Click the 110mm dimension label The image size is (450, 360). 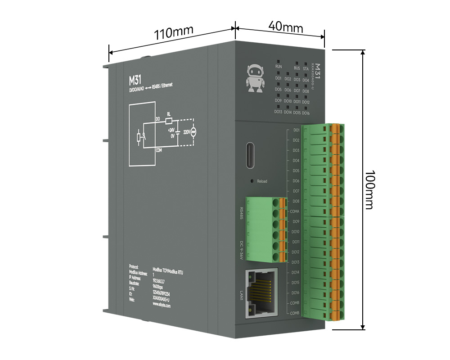click(x=174, y=33)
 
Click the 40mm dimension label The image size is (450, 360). click(x=285, y=26)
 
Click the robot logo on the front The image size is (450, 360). click(x=255, y=77)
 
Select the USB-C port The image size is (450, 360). click(x=251, y=155)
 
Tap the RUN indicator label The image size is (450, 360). click(x=279, y=67)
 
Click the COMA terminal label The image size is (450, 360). click(x=295, y=211)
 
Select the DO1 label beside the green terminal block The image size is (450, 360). click(x=296, y=130)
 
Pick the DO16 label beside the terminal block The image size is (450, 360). click(x=295, y=293)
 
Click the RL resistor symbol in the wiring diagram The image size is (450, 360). click(x=169, y=120)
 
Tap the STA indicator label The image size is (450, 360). click(x=306, y=69)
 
